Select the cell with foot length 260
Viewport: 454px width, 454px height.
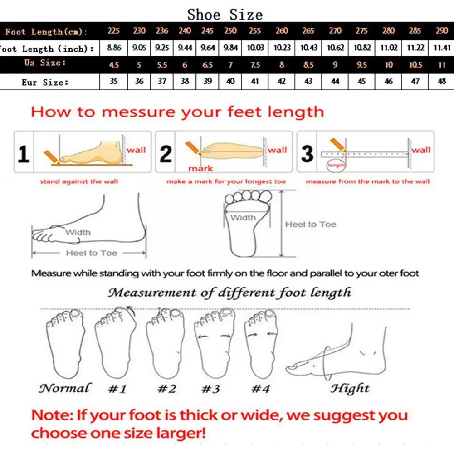[x=282, y=31]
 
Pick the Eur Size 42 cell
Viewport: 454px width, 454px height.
[x=282, y=82]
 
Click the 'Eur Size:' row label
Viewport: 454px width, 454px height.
[x=45, y=83]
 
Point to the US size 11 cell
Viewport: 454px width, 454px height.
[x=441, y=65]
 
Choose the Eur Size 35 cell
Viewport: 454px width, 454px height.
[x=114, y=82]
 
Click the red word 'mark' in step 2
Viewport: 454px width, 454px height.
[x=200, y=168]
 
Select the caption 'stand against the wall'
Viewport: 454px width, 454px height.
[x=79, y=181]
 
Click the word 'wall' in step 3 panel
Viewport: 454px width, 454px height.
[x=421, y=150]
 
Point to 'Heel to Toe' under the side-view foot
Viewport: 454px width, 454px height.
[x=91, y=253]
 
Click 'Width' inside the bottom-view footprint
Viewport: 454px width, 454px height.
[x=243, y=218]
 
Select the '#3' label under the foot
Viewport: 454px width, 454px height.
[x=211, y=389]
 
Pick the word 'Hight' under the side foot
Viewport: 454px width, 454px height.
[x=350, y=388]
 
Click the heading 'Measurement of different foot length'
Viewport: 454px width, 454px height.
[x=229, y=293]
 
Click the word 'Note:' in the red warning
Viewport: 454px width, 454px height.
[x=51, y=415]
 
